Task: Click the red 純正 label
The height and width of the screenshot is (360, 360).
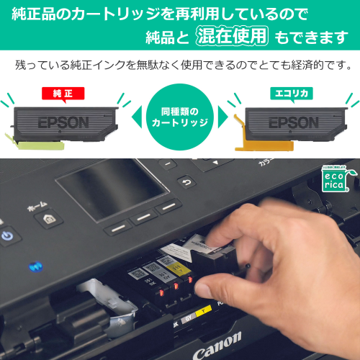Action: click(x=63, y=93)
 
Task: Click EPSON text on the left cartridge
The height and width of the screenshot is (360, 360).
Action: click(x=63, y=120)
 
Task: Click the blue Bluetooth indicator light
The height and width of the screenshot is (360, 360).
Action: click(x=35, y=267)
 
